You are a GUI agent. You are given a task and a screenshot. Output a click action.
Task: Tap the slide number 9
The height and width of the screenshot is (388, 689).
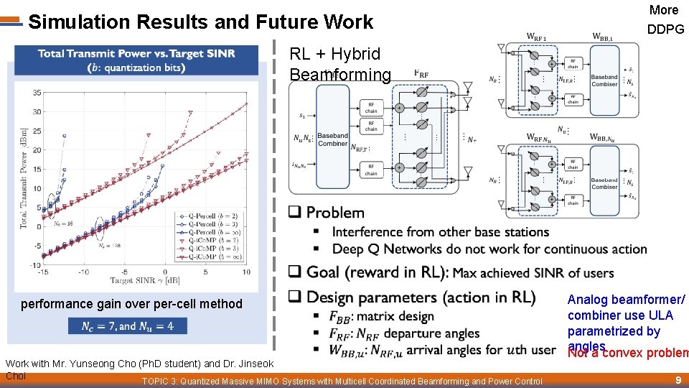[678, 379]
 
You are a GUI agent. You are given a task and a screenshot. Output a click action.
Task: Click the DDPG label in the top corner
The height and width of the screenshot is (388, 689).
[665, 29]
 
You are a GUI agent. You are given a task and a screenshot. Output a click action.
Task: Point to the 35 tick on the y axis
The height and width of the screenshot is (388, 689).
[36, 93]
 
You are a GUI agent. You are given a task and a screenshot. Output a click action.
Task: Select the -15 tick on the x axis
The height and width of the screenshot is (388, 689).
[44, 272]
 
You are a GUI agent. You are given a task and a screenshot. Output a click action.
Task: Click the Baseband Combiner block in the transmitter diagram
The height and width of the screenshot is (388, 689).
[332, 139]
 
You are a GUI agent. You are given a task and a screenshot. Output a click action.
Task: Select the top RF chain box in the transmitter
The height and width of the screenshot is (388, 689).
[370, 107]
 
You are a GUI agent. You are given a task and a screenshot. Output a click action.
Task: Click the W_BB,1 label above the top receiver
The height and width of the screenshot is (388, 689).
[602, 37]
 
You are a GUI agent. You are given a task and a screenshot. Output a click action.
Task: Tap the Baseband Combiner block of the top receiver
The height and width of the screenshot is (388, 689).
[604, 80]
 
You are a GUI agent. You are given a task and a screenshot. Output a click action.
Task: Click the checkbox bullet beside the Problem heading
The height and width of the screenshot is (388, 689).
[294, 213]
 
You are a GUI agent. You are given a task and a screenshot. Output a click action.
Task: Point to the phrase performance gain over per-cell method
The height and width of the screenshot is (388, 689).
[131, 304]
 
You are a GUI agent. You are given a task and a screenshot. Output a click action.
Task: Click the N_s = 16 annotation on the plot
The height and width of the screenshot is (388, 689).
[63, 223]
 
